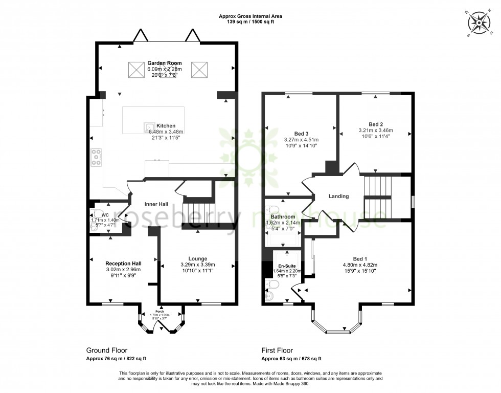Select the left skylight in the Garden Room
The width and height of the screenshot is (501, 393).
(x=135, y=70)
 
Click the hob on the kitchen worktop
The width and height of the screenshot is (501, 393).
(x=96, y=157)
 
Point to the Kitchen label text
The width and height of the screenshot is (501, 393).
(x=166, y=125)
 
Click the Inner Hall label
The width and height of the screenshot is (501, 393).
(x=156, y=204)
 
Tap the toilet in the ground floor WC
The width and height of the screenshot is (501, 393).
(x=95, y=221)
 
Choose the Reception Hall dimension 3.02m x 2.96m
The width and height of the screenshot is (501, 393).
(x=123, y=270)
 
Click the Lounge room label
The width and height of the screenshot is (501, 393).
(x=197, y=258)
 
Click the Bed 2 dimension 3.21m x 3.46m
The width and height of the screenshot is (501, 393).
(x=376, y=130)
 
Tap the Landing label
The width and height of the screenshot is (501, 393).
(x=338, y=196)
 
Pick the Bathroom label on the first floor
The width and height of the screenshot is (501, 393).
(x=283, y=216)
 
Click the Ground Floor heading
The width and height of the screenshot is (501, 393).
(x=106, y=351)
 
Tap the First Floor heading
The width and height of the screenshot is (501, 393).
(x=277, y=351)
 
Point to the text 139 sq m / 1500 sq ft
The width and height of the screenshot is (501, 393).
(x=250, y=23)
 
